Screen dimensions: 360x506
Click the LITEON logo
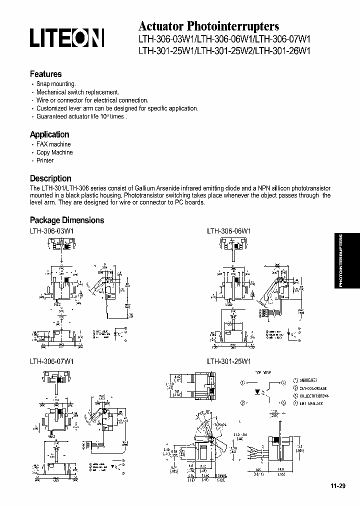[x=67, y=38]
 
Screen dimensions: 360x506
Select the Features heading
[x=46, y=74]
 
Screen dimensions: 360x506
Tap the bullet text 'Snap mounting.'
[x=56, y=84]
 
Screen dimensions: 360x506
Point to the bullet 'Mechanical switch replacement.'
[x=78, y=92]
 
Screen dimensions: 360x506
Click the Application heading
[x=49, y=134]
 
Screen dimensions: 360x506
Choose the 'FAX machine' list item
[x=53, y=144]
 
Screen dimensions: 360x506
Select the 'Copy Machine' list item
[x=54, y=152]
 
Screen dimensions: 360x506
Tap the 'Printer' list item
[x=45, y=160]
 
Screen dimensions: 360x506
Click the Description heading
[x=50, y=178]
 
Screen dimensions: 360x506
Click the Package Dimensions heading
[x=67, y=220]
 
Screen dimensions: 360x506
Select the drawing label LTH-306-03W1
[x=52, y=231]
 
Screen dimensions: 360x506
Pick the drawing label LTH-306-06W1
[x=229, y=231]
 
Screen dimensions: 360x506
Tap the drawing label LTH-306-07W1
[x=52, y=360]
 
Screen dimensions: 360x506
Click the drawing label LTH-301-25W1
[x=229, y=360]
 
